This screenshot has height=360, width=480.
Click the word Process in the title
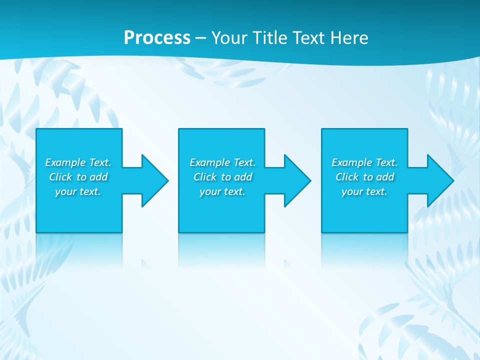tap(157, 38)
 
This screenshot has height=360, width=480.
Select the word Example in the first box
tap(65, 162)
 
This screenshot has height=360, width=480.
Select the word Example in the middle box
tap(210, 162)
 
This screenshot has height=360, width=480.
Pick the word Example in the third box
tap(352, 162)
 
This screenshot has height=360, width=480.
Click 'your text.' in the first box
tap(78, 192)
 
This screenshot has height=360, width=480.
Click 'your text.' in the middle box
tap(222, 192)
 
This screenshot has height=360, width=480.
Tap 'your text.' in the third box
tap(364, 192)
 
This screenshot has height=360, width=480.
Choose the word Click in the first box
tap(60, 177)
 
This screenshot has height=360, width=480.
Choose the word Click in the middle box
tap(205, 177)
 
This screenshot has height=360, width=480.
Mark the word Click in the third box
tap(347, 177)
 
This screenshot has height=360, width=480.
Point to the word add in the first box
tap(99, 177)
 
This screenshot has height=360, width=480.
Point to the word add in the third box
tap(385, 177)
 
